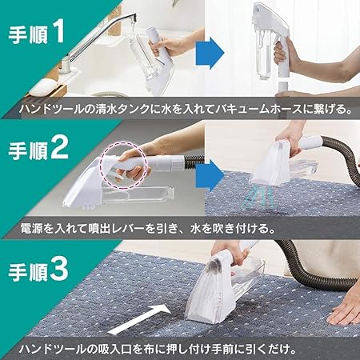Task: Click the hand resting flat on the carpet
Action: click(x=341, y=304)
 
